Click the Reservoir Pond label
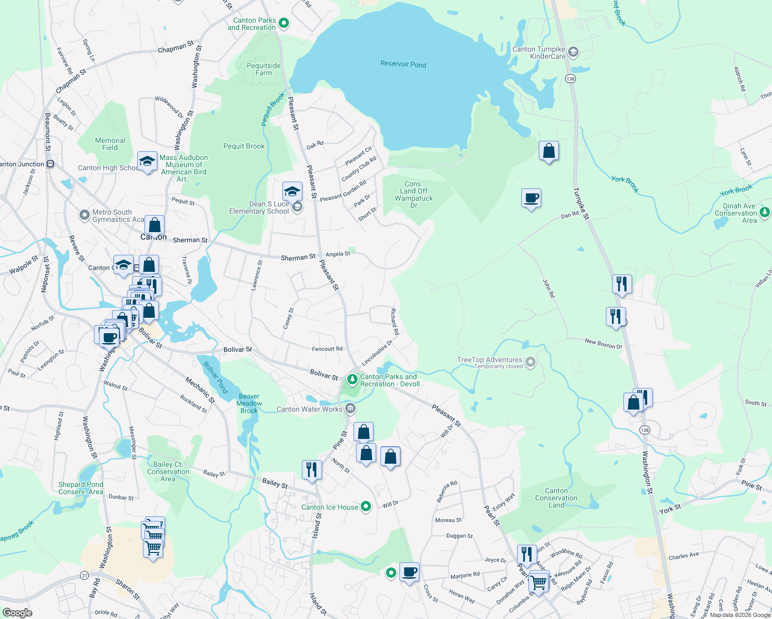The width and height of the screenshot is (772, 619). [403, 64]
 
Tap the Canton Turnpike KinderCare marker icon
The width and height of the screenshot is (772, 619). [573, 52]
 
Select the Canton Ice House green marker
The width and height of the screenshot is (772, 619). [366, 507]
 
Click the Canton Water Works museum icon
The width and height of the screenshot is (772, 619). [350, 409]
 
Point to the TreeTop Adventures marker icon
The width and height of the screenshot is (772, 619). [530, 362]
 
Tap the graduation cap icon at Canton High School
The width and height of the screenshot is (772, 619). [147, 161]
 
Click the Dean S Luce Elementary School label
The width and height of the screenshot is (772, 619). [259, 207]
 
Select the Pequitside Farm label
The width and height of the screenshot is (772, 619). [264, 69]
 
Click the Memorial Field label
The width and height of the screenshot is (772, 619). [110, 144]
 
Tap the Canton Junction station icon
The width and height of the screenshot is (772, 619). [50, 164]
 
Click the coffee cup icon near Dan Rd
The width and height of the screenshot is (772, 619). [531, 198]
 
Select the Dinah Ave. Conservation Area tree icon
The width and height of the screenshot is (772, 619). [765, 211]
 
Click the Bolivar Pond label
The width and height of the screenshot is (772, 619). [215, 377]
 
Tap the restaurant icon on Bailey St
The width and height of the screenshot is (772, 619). [311, 469]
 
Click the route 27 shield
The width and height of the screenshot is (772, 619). [85, 575]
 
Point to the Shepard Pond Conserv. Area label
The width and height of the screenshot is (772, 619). [81, 488]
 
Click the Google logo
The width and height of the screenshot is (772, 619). [18, 613]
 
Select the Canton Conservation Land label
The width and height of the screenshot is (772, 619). [556, 498]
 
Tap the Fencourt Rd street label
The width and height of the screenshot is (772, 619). [327, 349]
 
